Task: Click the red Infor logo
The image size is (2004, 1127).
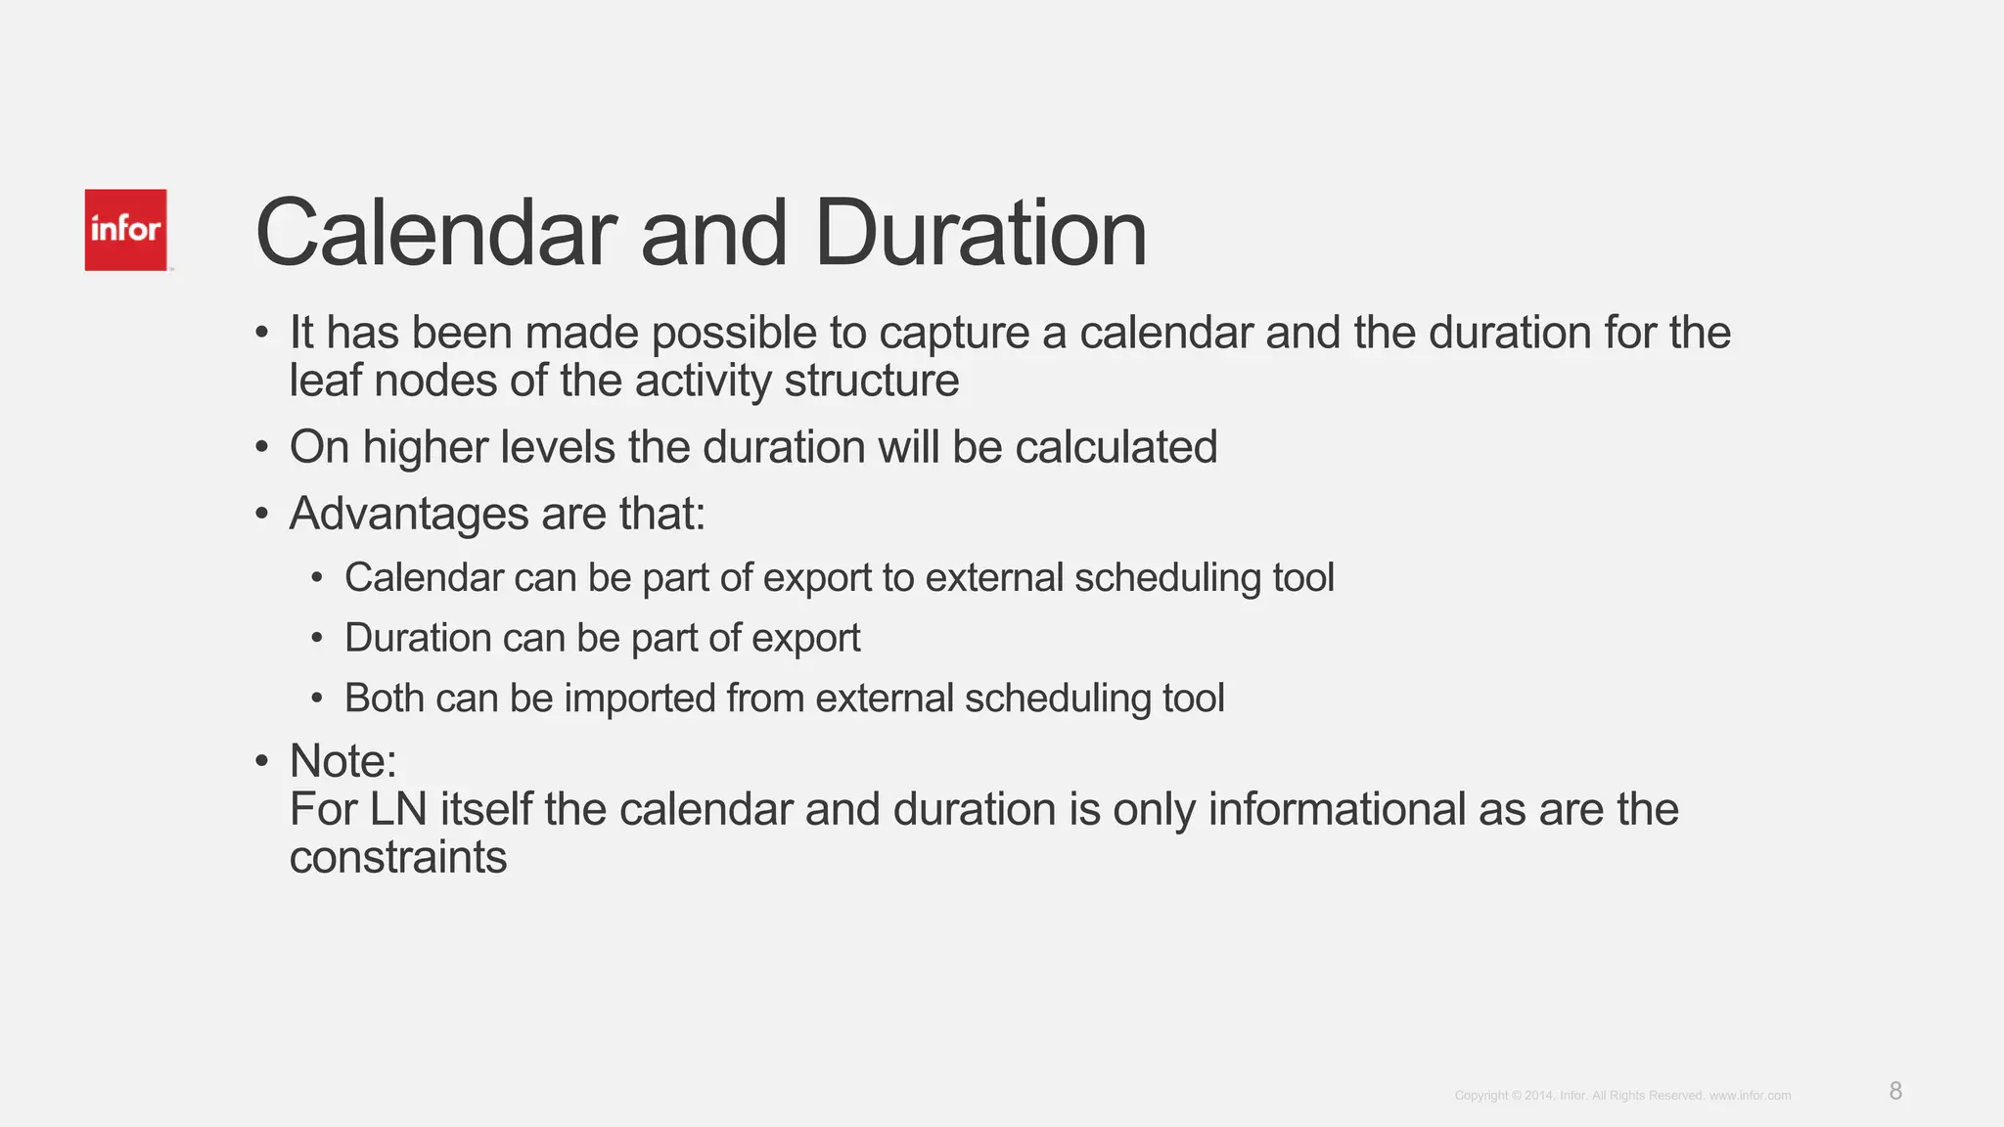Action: coord(125,230)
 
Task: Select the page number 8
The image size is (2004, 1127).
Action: coord(1895,1091)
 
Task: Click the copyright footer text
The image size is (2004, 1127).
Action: coord(1622,1096)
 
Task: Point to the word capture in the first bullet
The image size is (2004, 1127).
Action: coord(954,334)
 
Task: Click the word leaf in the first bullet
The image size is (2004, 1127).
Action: coord(325,381)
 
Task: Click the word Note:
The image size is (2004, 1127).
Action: coord(343,761)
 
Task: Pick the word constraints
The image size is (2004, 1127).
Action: coord(398,858)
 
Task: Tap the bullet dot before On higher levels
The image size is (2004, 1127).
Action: coord(261,448)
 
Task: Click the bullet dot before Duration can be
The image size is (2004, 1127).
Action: coord(316,639)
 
